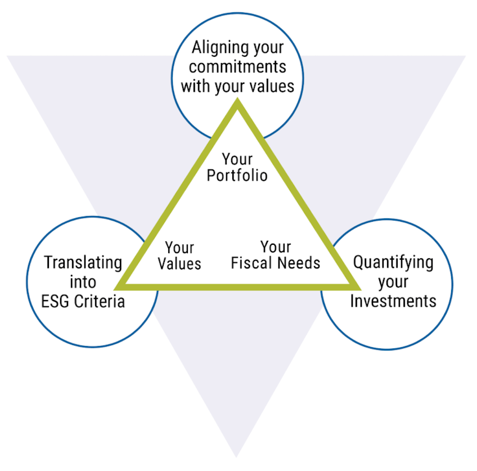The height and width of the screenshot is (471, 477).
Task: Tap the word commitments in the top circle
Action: tap(237, 68)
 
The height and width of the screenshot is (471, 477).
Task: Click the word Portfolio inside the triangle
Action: tap(237, 175)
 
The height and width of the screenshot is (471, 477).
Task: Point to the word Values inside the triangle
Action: tap(179, 263)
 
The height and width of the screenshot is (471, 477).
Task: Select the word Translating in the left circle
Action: tap(83, 263)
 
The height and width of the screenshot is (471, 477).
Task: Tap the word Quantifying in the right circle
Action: tap(393, 263)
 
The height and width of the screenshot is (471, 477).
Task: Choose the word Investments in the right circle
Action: tap(393, 301)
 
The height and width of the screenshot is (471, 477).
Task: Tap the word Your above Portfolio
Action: tap(237, 159)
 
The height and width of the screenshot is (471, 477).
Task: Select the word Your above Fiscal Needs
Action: tap(276, 246)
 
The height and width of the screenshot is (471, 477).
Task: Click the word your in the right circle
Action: tap(392, 282)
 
